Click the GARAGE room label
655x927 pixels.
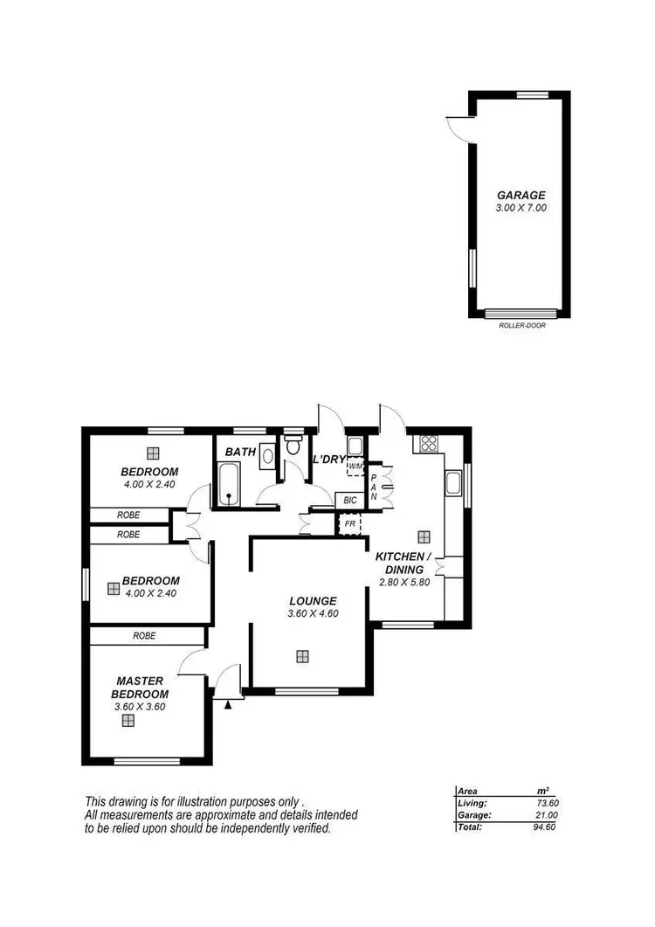pos(521,195)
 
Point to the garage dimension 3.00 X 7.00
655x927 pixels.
pos(521,209)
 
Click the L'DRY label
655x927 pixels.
pos(330,460)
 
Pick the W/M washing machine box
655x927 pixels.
pos(355,467)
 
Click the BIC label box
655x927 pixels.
pos(349,501)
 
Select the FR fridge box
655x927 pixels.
pos(349,524)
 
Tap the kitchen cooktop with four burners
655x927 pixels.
pos(429,443)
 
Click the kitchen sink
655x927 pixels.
pos(453,483)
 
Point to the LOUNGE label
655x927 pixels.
pos(313,600)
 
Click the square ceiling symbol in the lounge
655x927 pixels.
pos(302,655)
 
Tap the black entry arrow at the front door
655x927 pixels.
pos(228,702)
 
